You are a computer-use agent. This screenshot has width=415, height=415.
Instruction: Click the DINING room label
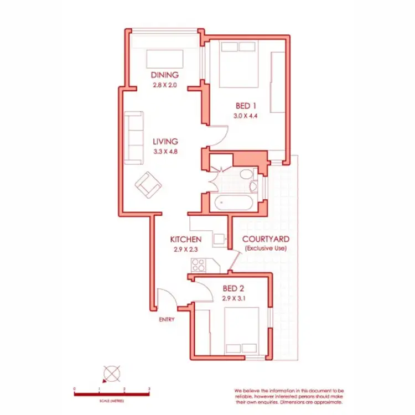pyautogui.click(x=164, y=75)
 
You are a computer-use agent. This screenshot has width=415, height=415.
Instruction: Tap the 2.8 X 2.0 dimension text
pyautogui.click(x=164, y=85)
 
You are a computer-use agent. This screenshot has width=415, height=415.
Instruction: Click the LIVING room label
pyautogui.click(x=165, y=141)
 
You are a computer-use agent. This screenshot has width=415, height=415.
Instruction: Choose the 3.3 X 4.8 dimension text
pyautogui.click(x=165, y=151)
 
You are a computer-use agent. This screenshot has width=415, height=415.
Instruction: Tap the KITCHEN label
pyautogui.click(x=185, y=240)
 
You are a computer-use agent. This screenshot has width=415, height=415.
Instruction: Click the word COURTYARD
pyautogui.click(x=266, y=239)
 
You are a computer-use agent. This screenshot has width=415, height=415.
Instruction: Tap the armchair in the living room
pyautogui.click(x=148, y=185)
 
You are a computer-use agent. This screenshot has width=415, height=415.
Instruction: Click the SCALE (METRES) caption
pyautogui.click(x=112, y=400)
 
